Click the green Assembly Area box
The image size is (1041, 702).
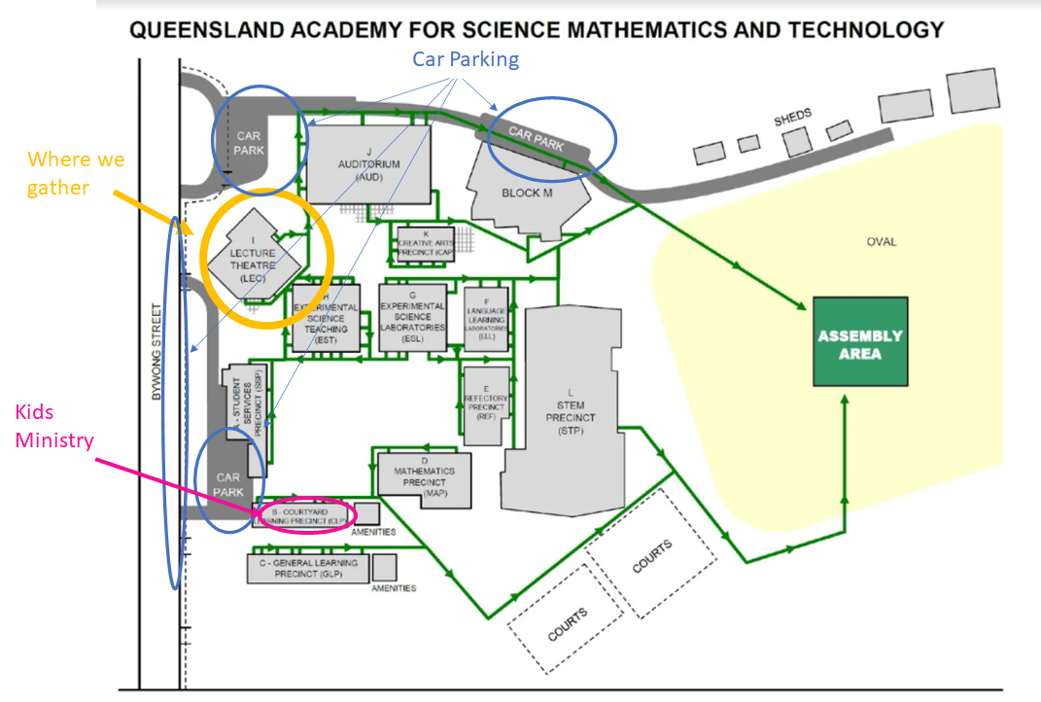pos(860,342)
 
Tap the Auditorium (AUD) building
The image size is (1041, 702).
pos(368,164)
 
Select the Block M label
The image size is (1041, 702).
pos(527,193)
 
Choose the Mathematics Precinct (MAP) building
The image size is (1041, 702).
pos(425,478)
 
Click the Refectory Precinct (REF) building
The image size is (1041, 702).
pos(486,399)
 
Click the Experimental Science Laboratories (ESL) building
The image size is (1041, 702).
pos(413,317)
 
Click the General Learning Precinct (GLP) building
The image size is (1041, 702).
pos(308,568)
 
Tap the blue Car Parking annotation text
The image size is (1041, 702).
pos(466,59)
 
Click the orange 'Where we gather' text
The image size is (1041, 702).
pos(76,173)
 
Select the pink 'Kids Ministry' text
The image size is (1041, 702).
pos(54,426)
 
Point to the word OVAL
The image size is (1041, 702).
pos(882,242)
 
